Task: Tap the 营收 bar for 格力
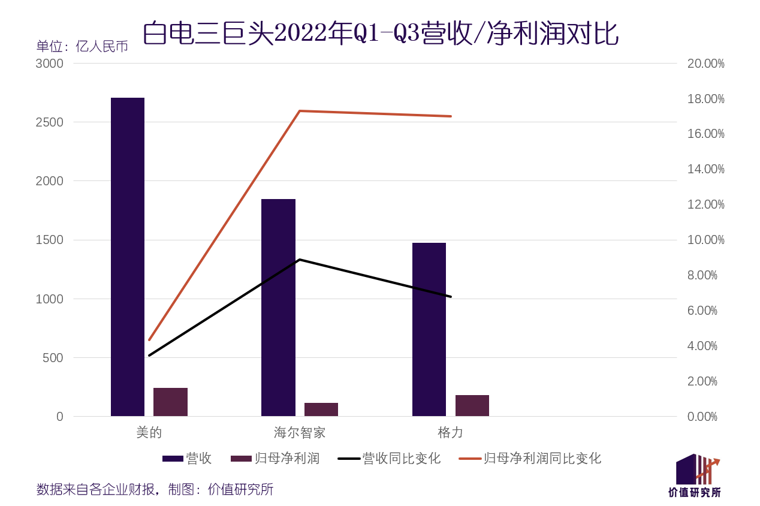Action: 429,329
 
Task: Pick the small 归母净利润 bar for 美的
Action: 170,402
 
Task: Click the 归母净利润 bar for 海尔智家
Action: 321,409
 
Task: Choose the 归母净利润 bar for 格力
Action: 472,405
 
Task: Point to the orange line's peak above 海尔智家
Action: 300,111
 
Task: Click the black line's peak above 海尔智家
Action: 300,260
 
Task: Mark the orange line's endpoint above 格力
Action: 451,116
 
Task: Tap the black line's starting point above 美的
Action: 149,356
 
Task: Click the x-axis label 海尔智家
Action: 300,432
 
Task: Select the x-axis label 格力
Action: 451,432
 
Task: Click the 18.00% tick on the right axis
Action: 705,99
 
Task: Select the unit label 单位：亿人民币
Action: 82,46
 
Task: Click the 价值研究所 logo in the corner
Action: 695,477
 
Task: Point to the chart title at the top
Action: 380,34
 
